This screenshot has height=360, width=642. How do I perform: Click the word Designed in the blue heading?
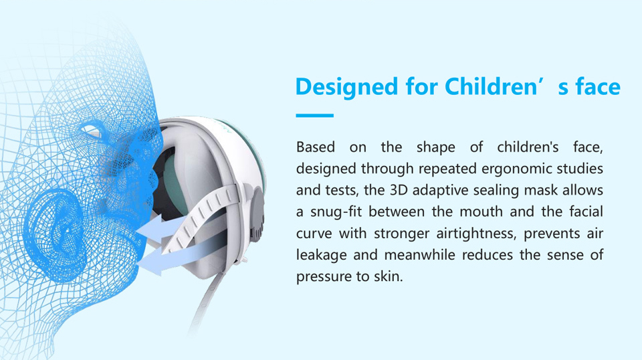click(x=346, y=87)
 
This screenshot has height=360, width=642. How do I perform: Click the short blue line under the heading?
click(x=314, y=116)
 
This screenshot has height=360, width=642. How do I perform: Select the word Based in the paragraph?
click(x=316, y=147)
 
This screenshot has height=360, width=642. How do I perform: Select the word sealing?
click(x=496, y=191)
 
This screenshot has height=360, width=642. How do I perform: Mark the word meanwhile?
click(x=419, y=255)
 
